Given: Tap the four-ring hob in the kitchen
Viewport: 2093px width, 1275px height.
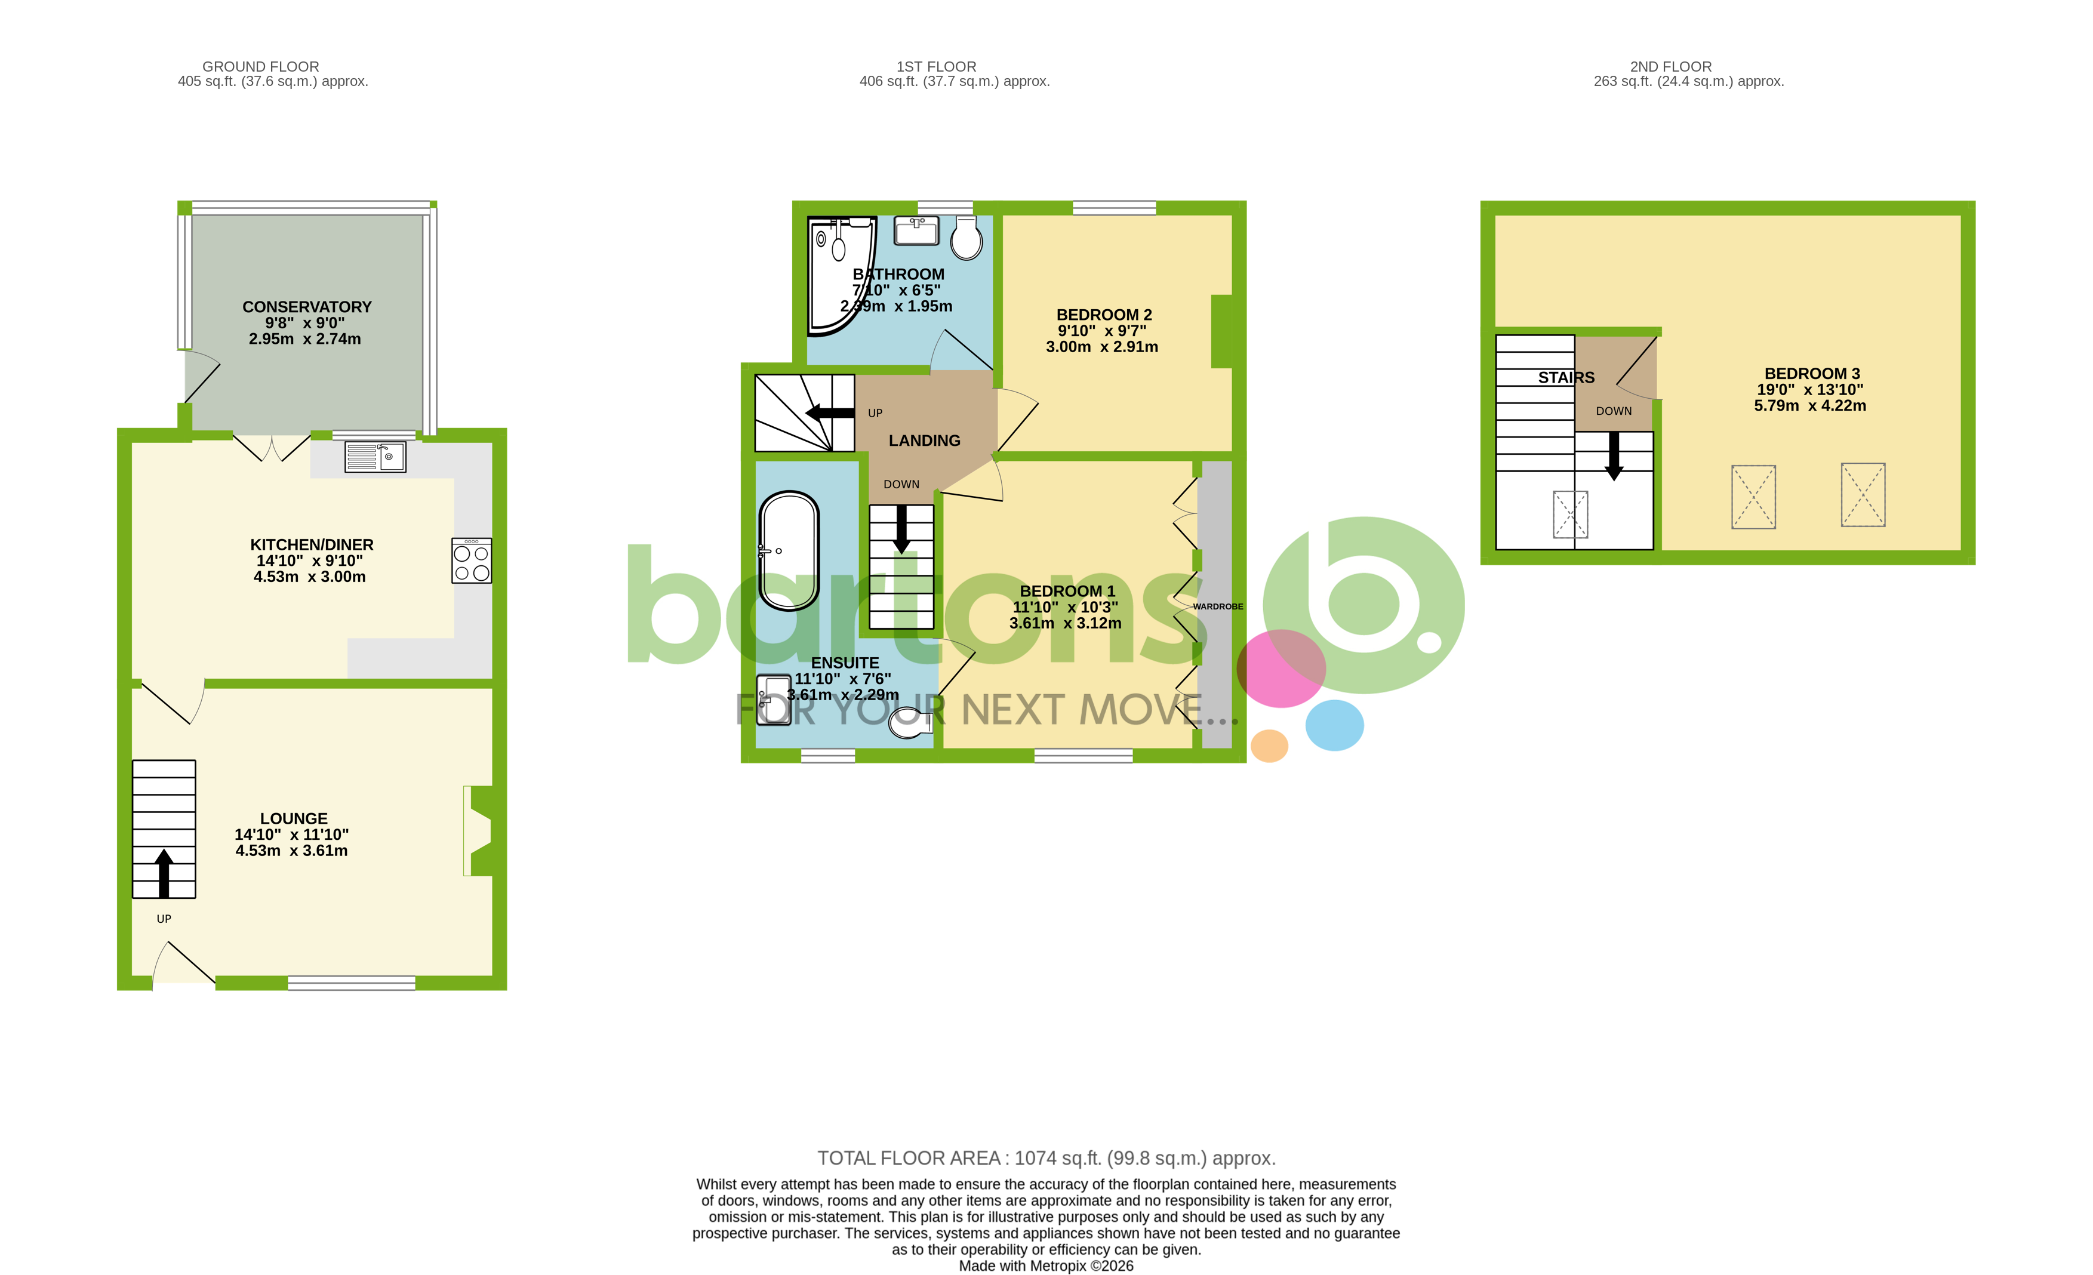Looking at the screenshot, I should [472, 560].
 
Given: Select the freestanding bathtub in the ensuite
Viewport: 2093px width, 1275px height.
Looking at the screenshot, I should [789, 550].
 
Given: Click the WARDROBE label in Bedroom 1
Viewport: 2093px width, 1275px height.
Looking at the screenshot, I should [1217, 606].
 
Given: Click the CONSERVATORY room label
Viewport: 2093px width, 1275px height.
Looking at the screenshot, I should [307, 307].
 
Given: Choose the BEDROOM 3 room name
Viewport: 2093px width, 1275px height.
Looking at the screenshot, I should [1812, 374].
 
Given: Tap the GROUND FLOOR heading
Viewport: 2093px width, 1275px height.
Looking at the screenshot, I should [261, 66].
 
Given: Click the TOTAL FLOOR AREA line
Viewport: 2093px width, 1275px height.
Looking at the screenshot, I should [1046, 1158].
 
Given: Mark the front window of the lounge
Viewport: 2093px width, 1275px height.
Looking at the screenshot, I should [352, 983].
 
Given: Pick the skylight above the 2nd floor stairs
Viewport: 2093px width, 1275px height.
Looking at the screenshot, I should [1570, 515].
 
